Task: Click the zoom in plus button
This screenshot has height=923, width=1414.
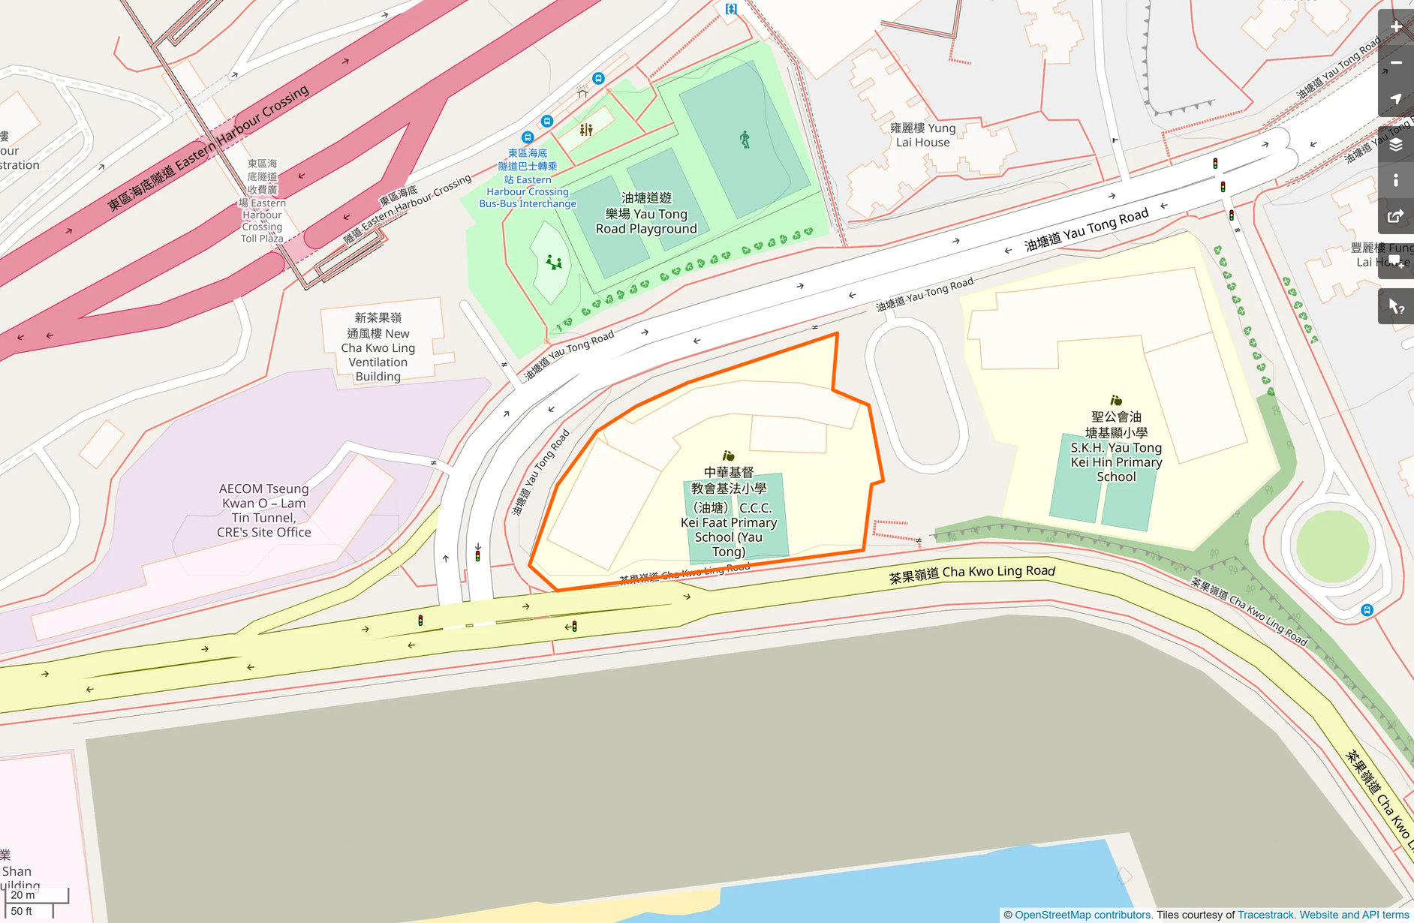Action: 1396,27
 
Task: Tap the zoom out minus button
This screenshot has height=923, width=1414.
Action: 1396,63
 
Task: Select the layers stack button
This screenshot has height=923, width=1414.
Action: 1396,145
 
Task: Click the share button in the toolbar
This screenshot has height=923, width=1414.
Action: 1396,217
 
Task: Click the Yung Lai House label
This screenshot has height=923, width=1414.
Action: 922,135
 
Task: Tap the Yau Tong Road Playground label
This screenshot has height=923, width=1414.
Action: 646,213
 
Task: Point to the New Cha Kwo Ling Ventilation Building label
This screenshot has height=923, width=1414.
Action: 378,347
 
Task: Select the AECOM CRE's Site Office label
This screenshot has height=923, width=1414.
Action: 263,510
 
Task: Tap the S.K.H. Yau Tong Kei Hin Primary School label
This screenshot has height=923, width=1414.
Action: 1116,446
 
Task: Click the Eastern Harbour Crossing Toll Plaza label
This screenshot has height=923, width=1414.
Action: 263,200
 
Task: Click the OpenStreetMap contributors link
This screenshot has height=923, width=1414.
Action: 1082,915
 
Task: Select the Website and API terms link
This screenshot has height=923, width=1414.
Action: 1354,915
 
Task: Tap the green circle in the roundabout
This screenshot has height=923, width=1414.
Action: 1332,546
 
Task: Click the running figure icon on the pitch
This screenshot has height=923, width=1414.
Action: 745,139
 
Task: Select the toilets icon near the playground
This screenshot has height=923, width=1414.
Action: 586,130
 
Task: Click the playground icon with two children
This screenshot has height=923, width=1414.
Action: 554,262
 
